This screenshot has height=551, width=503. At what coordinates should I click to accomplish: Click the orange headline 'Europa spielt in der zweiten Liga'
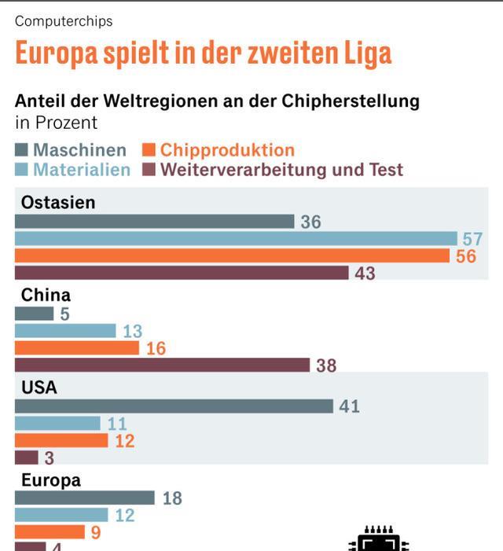coord(203,53)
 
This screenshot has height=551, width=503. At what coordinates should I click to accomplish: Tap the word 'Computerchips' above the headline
coord(64,21)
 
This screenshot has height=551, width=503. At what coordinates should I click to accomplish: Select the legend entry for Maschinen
coord(71,150)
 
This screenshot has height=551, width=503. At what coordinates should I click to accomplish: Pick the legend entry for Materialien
coord(72,170)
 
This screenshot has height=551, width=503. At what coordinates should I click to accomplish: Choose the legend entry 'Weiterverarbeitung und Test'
coord(273,170)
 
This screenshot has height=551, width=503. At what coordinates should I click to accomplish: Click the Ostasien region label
coord(58,202)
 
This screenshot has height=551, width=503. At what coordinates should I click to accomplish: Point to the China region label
coord(46,295)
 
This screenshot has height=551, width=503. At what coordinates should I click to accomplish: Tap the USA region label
coord(39,388)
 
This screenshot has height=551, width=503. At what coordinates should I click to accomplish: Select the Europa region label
coord(50,480)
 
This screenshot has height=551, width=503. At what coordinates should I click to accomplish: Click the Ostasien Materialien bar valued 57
coord(236,238)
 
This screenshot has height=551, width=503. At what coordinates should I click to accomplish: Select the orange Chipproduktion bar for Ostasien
coord(232,255)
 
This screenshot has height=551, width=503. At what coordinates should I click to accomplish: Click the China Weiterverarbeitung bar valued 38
coord(162,365)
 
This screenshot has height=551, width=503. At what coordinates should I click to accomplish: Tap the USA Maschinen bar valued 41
coord(174,406)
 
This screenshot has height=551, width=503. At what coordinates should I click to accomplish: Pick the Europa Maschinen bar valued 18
coord(85,498)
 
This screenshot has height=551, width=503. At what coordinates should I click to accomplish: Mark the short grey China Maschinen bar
coord(34,314)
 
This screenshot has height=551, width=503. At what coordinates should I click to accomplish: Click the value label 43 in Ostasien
coord(365,274)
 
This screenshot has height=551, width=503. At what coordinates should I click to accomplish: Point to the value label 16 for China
coord(156,347)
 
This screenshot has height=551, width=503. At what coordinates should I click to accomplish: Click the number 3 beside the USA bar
coord(50,458)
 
